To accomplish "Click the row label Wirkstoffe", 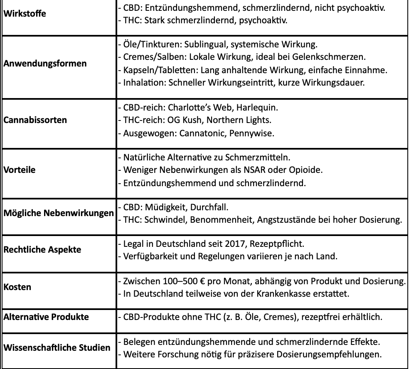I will tap(25, 14).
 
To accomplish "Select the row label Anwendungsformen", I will tap(45, 64).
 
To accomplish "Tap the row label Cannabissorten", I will tap(35, 120).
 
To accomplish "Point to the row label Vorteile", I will tap(20, 170).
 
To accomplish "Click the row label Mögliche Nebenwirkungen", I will tap(59, 213).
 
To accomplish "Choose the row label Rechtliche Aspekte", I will tap(42, 250).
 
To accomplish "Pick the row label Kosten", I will tap(17, 287).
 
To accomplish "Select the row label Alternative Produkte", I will tap(46, 317).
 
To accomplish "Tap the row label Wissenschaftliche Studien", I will tap(57, 347).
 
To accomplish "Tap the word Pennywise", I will tap(254, 133).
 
